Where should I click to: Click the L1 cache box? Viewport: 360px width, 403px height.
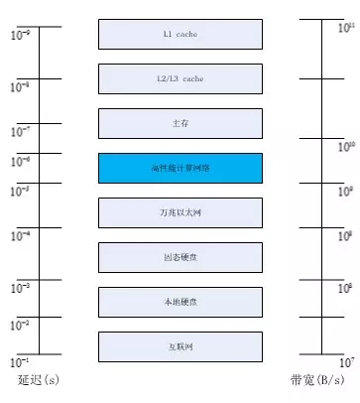coord(180,34)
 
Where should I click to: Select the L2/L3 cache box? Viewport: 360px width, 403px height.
coord(180,78)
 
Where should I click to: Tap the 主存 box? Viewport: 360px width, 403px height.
coord(180,123)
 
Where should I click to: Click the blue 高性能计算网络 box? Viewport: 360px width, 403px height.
coord(180,168)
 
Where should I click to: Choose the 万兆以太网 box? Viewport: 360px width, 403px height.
coord(180,212)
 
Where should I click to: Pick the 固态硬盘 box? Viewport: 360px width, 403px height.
coord(180,257)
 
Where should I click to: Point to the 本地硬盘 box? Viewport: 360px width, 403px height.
coord(180,302)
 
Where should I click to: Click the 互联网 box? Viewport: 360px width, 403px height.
coord(180,346)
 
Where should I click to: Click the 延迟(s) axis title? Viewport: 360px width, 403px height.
coord(38,381)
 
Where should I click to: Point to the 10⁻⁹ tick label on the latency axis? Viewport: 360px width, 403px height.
coord(21,36)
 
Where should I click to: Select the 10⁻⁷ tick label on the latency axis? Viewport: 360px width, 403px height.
coord(21,131)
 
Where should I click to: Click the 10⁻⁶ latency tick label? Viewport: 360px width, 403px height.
coord(21,160)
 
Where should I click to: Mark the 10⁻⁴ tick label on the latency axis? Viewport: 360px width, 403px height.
coord(21,235)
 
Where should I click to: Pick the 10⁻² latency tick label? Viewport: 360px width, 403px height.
coord(21,324)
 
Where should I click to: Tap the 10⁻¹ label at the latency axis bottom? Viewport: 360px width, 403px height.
coord(21,361)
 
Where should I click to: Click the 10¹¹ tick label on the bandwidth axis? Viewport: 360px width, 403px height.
coord(345,28)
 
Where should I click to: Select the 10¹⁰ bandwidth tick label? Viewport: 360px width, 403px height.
coord(345,148)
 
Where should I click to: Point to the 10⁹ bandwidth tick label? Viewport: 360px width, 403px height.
coord(345,192)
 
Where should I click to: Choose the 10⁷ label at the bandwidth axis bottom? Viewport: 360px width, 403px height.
coord(345,361)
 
